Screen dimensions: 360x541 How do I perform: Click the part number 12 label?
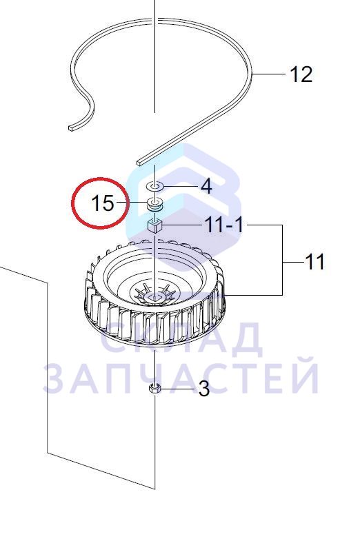301,74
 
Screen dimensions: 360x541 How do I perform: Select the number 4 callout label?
206,187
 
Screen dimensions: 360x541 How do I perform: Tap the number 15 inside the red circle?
103,203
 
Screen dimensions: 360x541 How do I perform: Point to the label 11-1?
223,225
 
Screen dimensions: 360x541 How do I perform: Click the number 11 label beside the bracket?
314,262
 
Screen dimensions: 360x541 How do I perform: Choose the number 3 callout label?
204,389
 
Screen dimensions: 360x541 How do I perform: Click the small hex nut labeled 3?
154,388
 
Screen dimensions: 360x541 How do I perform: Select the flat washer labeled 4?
154,186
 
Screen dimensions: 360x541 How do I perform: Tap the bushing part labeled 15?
154,203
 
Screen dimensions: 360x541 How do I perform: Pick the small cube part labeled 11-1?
154,225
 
